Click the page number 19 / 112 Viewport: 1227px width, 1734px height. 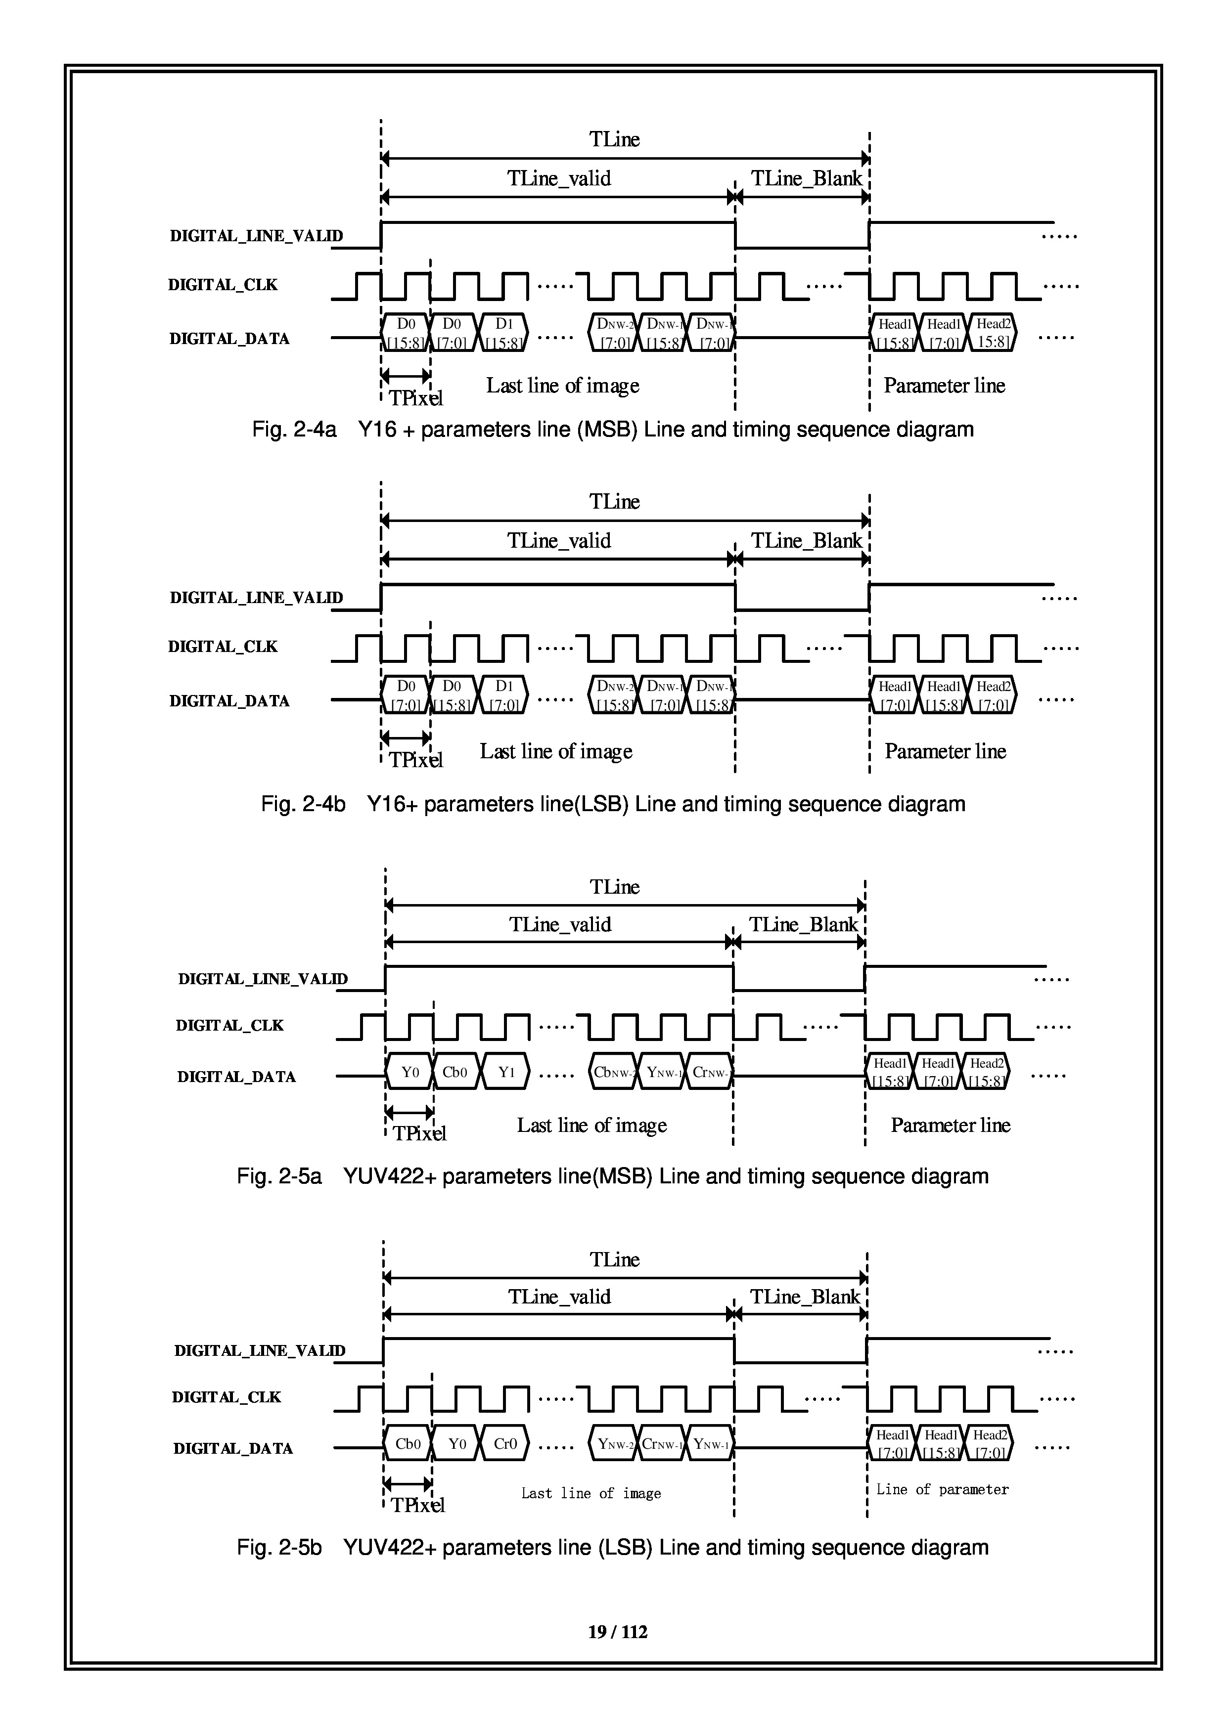click(x=617, y=1631)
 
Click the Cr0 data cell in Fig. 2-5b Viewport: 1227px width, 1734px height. click(x=505, y=1444)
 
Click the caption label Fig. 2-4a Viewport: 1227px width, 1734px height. click(x=293, y=430)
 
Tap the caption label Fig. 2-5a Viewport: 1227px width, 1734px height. click(x=279, y=1176)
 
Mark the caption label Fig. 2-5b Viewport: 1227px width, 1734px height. click(x=279, y=1548)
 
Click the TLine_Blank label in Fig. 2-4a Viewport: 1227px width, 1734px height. click(x=806, y=179)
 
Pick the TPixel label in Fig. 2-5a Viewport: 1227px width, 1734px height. click(x=419, y=1133)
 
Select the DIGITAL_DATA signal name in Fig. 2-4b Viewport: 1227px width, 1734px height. click(x=229, y=701)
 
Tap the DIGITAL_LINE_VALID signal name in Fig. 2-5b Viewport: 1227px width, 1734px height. click(x=260, y=1351)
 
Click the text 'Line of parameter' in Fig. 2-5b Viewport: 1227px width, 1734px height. click(x=942, y=1489)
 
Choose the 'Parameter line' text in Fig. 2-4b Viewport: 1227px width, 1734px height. click(x=945, y=751)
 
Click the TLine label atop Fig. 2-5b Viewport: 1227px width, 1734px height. click(x=614, y=1259)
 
